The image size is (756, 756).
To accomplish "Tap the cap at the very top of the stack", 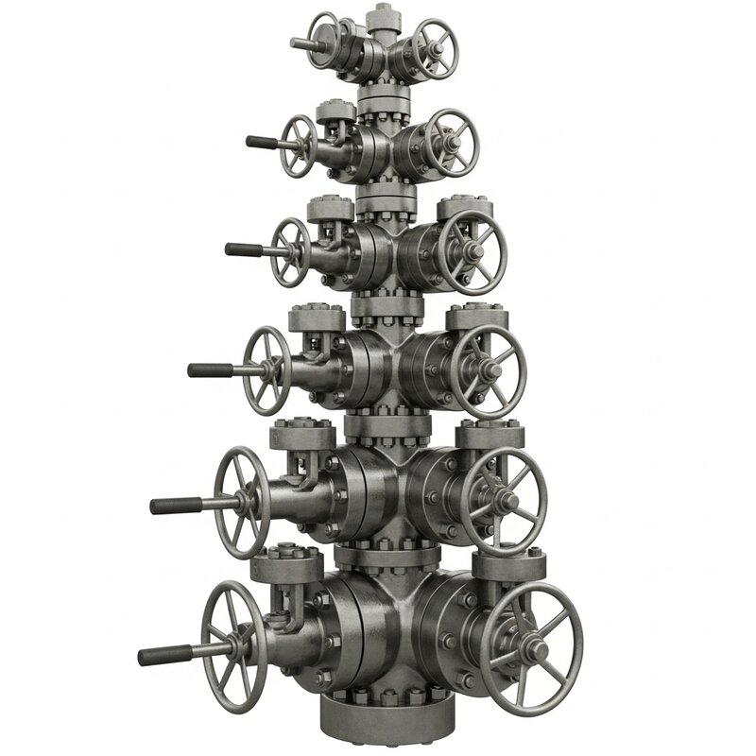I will pyautogui.click(x=382, y=17).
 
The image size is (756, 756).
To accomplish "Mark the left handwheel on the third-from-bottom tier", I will pyautogui.click(x=266, y=370).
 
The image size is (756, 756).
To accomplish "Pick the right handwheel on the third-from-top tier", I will pyautogui.click(x=474, y=250).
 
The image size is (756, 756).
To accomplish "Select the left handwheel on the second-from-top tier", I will pyautogui.click(x=301, y=145).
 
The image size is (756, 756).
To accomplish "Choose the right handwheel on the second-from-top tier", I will pyautogui.click(x=452, y=143).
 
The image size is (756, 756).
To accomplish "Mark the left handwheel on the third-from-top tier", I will pyautogui.click(x=289, y=251).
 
